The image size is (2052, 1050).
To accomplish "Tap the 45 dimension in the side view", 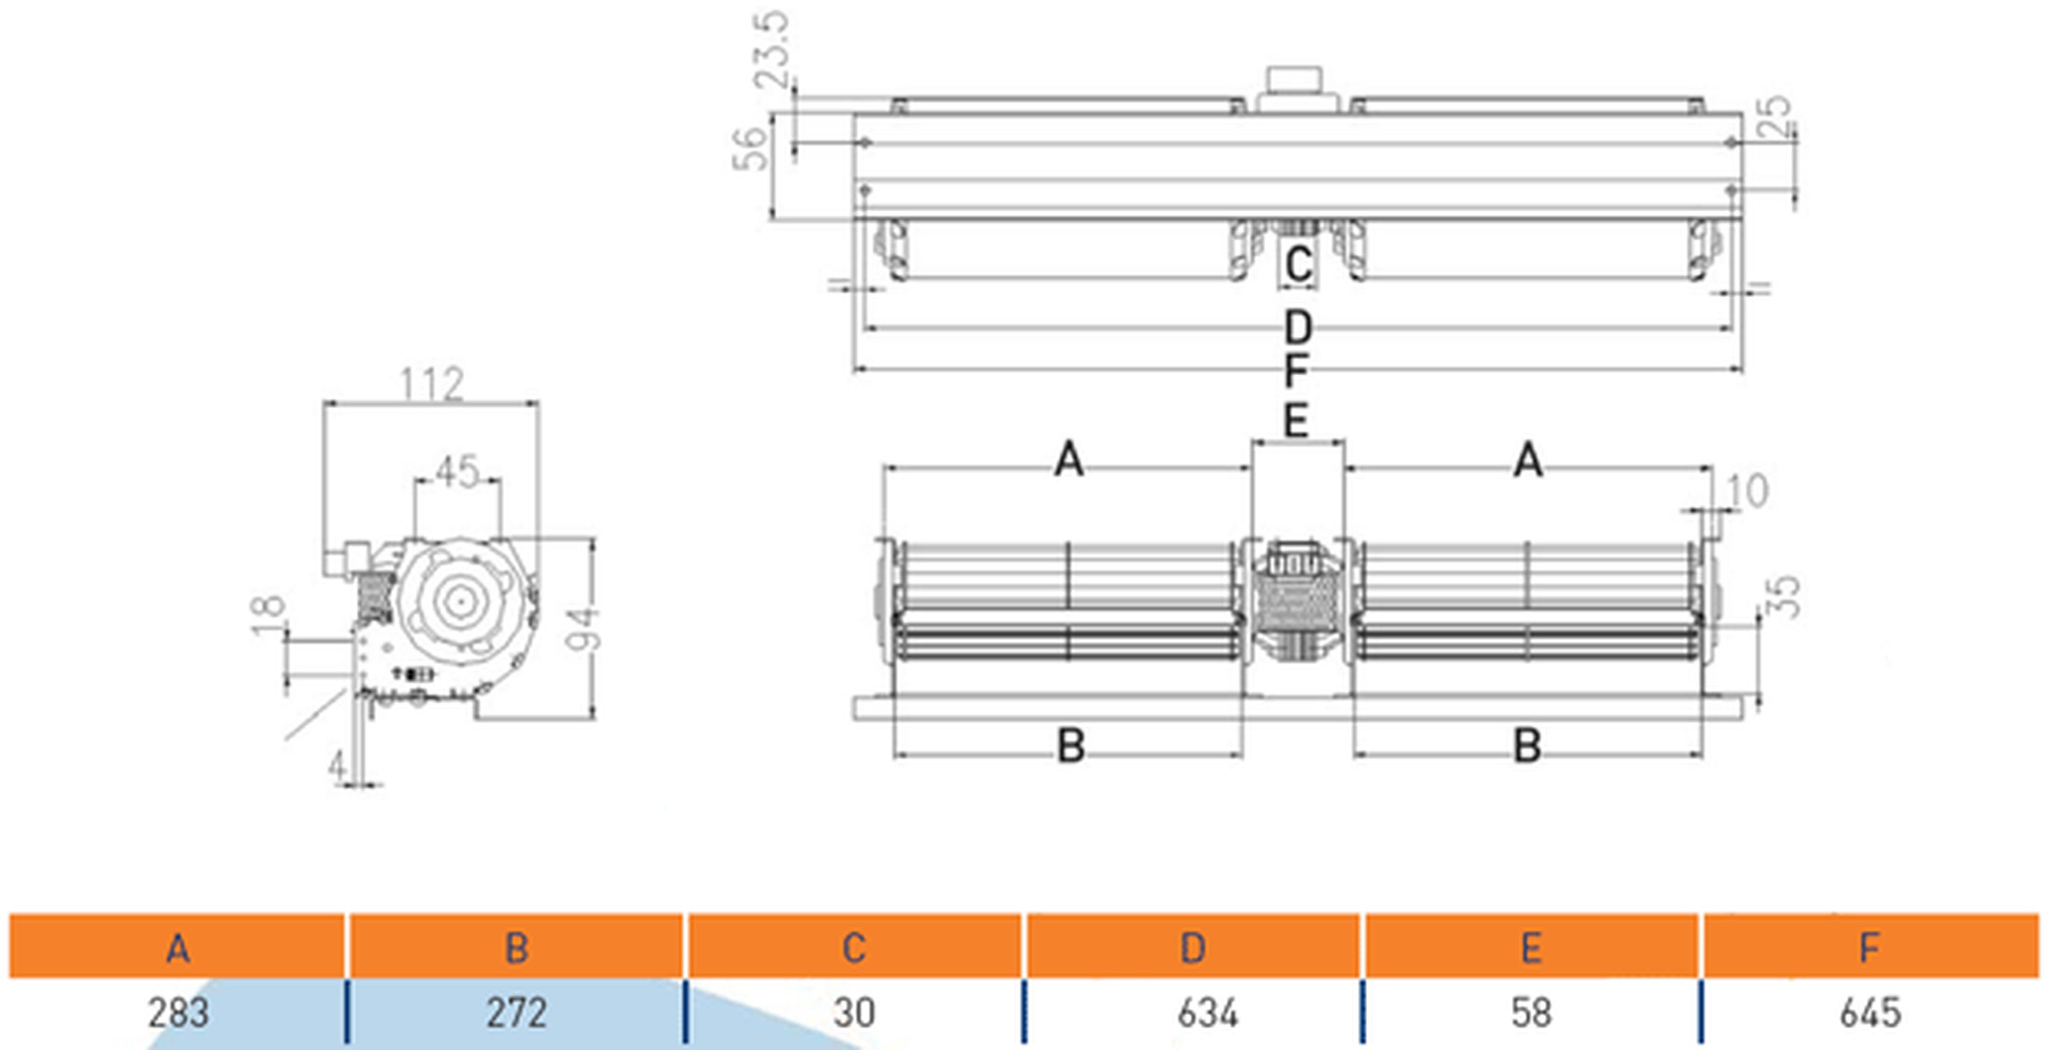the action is pos(457,471).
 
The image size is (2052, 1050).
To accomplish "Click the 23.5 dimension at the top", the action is pos(773,49).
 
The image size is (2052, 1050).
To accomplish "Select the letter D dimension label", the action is pos(1298,327).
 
